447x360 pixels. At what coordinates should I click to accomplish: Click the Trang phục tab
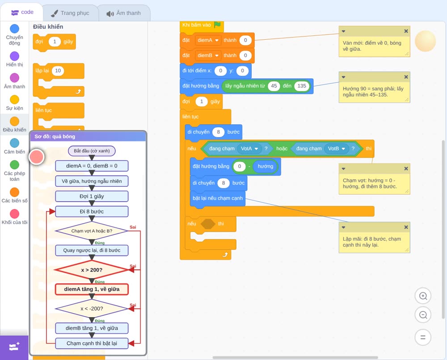coord(70,13)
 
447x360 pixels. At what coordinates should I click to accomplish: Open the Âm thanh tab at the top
coord(124,13)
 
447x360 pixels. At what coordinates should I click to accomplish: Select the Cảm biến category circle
coord(15,143)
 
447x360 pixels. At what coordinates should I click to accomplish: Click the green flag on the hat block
coord(217,25)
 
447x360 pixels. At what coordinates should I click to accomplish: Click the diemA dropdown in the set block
coord(208,40)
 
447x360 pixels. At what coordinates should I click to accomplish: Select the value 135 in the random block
coord(302,86)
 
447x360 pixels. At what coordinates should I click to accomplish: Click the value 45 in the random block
coord(274,86)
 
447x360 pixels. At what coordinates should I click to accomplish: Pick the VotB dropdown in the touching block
coord(337,148)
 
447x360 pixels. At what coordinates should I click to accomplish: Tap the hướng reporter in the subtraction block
coord(265,166)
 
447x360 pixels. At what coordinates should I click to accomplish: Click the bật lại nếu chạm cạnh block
coord(218,198)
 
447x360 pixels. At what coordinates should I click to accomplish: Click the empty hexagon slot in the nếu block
coord(208,224)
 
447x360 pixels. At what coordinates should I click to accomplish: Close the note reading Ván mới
coord(406,31)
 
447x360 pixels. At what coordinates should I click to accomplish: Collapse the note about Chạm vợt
coord(343,168)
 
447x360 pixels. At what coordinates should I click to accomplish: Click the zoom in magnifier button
coord(423,296)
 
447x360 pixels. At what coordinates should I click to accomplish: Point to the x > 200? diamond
coord(92,270)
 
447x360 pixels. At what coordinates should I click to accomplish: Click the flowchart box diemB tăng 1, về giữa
coord(92,328)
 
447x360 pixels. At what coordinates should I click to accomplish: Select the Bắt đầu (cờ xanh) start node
coord(92,151)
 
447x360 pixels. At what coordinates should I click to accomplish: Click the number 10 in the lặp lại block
coord(58,71)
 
